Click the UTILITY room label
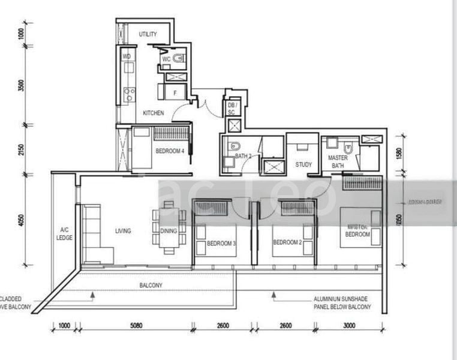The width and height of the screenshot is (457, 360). (148, 35)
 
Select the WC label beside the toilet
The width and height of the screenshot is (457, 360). (166, 59)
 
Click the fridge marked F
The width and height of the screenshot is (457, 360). (175, 93)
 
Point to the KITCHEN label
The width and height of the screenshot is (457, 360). (153, 113)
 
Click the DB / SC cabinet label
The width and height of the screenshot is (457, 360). (231, 108)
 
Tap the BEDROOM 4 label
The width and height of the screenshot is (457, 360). (169, 151)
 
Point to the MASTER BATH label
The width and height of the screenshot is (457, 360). (338, 161)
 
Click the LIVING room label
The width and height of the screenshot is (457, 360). (123, 230)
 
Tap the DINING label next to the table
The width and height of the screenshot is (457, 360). (169, 230)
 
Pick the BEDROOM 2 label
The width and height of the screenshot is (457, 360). (286, 242)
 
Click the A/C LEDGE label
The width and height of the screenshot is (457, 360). (65, 233)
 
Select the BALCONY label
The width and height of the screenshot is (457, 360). (151, 286)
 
